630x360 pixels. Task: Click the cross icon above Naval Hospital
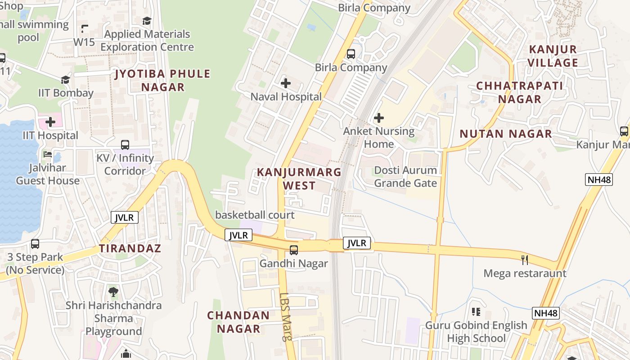click(x=286, y=83)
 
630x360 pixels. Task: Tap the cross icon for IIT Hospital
click(x=50, y=122)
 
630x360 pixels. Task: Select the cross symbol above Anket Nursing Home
click(x=379, y=118)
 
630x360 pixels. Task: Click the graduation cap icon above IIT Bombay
click(x=66, y=80)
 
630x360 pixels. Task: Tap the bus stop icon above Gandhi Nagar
click(x=294, y=250)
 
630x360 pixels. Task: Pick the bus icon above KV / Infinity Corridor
click(x=125, y=145)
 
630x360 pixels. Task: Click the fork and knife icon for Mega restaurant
click(x=524, y=260)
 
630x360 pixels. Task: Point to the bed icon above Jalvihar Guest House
click(x=48, y=154)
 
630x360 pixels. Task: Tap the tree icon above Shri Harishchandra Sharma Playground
click(x=113, y=292)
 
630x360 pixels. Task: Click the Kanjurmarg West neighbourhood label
click(x=299, y=179)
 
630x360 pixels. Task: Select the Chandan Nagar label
click(x=238, y=322)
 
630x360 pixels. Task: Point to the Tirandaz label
click(x=130, y=248)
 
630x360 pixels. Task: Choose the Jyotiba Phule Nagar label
click(x=163, y=80)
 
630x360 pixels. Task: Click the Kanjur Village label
click(x=553, y=56)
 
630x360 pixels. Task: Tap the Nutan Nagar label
click(x=506, y=134)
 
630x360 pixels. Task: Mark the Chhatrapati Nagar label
click(x=520, y=92)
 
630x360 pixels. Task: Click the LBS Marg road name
click(x=286, y=317)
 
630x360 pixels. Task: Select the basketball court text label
click(x=255, y=215)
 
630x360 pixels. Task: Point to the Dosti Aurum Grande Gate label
click(x=405, y=176)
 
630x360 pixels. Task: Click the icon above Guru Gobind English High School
click(x=476, y=312)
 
